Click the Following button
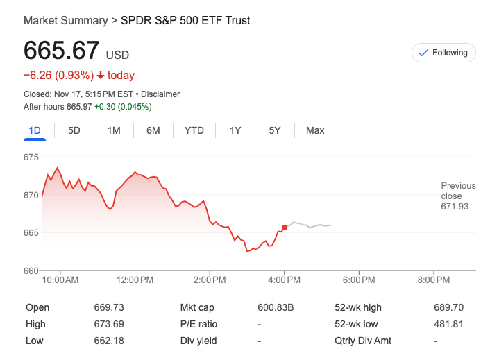(443, 53)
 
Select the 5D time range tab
(74, 130)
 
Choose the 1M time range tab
(114, 130)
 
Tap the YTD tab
(194, 130)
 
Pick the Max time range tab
(315, 130)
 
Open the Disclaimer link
(160, 94)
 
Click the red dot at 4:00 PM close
(285, 228)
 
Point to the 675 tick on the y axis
(31, 157)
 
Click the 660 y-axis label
(31, 271)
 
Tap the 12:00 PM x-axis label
(135, 280)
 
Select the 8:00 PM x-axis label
(435, 280)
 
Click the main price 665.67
(62, 51)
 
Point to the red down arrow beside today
(101, 76)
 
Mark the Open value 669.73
(108, 307)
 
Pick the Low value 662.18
(108, 341)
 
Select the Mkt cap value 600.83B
(276, 307)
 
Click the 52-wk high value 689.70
(448, 307)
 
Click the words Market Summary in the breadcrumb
(65, 20)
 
